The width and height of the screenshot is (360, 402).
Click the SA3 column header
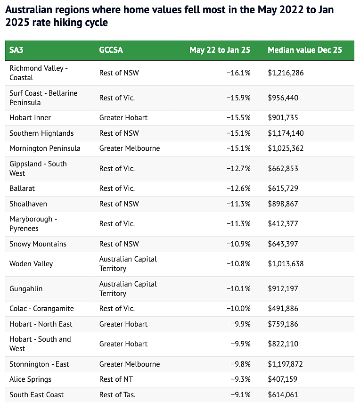(16, 50)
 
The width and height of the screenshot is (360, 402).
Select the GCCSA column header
(111, 50)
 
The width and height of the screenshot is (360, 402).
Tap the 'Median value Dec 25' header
(305, 50)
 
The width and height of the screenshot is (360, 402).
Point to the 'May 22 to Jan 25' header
(220, 50)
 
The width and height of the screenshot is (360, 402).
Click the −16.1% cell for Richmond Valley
(238, 73)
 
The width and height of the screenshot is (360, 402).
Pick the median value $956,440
(283, 98)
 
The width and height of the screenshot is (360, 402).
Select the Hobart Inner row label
(30, 118)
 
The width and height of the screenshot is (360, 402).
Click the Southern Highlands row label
(41, 133)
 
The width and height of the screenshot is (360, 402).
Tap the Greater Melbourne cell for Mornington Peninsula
(130, 148)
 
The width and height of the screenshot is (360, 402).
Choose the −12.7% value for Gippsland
(238, 169)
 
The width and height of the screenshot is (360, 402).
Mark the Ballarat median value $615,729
(283, 189)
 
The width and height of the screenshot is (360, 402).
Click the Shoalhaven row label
(28, 204)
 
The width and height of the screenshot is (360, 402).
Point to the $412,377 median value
(283, 224)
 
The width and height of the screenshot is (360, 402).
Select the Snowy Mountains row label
(38, 244)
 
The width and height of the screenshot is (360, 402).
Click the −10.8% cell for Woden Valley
(238, 264)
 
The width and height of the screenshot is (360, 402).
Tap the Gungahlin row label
(26, 289)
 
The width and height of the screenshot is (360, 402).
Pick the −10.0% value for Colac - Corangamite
(238, 308)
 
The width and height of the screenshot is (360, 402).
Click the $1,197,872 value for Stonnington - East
(286, 364)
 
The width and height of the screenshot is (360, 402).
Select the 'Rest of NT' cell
(116, 379)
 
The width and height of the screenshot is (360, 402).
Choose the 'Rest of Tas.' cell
(117, 395)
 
